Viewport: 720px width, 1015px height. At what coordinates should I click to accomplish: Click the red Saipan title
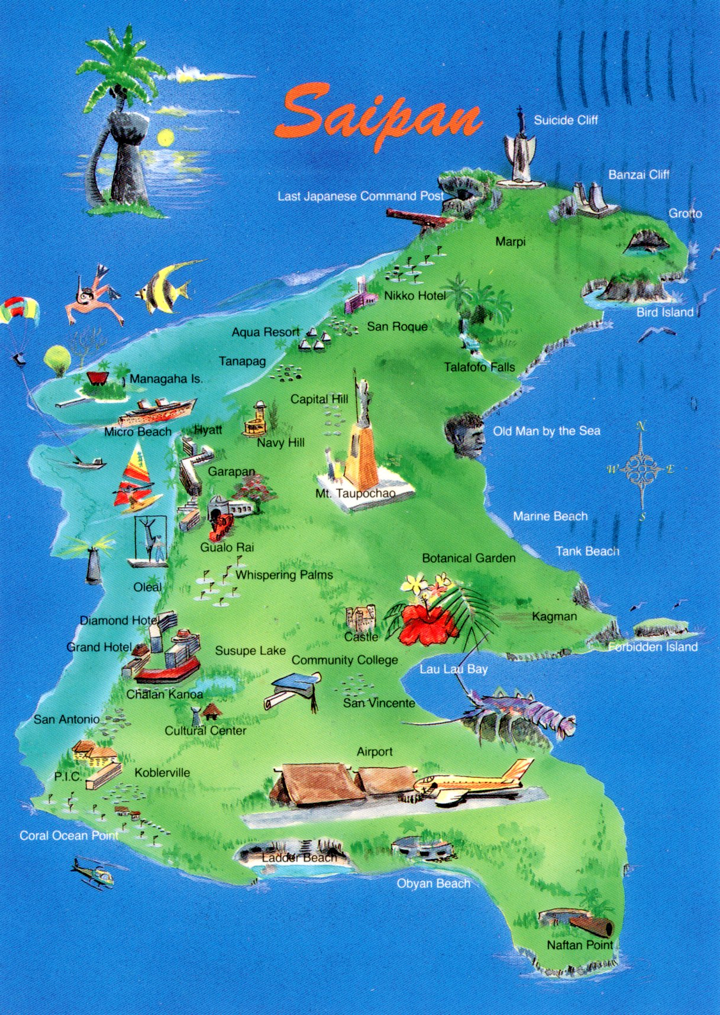point(379,118)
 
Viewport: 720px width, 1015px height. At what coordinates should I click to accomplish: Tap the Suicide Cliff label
point(566,120)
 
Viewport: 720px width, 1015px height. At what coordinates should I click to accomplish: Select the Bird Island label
point(664,312)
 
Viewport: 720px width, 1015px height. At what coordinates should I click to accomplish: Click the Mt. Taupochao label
point(355,493)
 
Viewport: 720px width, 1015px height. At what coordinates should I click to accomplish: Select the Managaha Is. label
point(166,379)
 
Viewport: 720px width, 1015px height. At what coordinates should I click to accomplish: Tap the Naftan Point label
point(579,945)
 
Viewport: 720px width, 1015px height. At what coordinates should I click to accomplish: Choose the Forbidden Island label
point(653,647)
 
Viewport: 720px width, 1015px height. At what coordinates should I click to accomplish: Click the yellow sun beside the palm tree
point(165,138)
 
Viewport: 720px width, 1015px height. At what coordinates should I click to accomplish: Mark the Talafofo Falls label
point(479,367)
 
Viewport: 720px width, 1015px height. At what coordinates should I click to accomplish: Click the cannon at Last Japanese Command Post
point(417,217)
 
